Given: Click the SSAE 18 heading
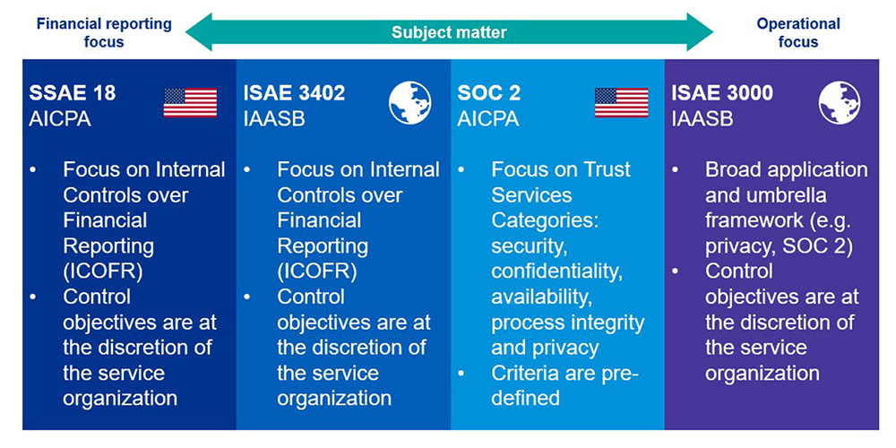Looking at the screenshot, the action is point(72,94).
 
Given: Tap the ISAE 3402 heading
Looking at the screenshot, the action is point(294,94).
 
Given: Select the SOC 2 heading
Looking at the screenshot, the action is point(489,94).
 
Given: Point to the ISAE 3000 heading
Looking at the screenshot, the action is point(722,94).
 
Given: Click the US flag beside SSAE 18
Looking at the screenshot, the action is point(190,103).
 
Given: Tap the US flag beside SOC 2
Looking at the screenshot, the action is point(622,103).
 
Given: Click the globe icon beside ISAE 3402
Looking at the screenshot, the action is point(410,103).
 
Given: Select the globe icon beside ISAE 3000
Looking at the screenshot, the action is point(840,103).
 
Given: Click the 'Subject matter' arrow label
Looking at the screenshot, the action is point(449,32).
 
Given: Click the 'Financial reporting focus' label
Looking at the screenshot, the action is point(103,32).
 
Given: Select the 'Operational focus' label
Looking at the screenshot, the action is point(798,32).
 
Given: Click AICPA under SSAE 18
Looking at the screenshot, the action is point(59,119).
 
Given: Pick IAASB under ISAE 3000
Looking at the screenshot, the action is point(702,119).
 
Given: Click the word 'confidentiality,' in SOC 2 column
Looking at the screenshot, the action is point(557,271).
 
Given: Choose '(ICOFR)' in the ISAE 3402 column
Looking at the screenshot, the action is point(317,272).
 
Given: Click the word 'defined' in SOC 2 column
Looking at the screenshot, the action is point(526,399).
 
